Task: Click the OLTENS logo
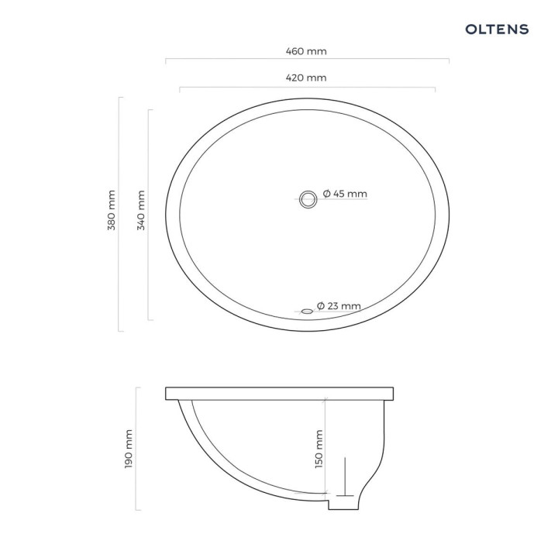[x=497, y=29]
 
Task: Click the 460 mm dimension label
[x=307, y=51]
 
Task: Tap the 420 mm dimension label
[x=307, y=77]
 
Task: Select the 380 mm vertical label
[x=112, y=210]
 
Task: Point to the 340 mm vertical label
[x=141, y=212]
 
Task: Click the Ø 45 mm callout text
[x=345, y=194]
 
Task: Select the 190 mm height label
[x=129, y=448]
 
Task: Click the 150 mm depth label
[x=319, y=449]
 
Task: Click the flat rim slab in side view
[x=282, y=393]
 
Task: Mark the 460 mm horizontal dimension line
[x=232, y=59]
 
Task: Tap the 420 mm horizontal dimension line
[x=232, y=88]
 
